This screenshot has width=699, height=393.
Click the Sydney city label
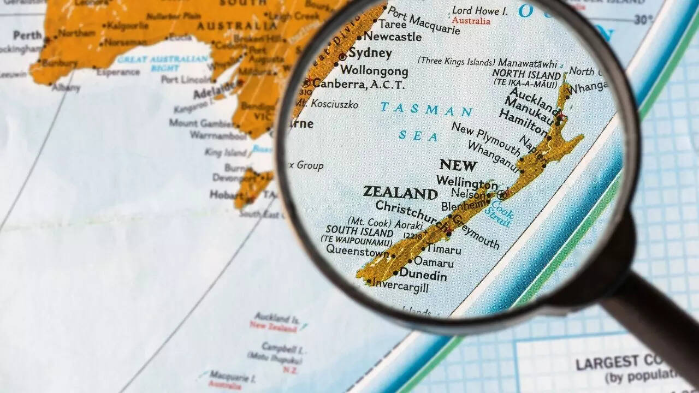(370, 53)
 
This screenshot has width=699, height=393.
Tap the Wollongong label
(374, 71)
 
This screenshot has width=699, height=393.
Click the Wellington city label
(467, 182)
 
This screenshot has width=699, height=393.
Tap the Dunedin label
(423, 275)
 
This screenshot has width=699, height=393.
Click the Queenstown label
(358, 251)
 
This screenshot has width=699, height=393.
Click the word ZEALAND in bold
(400, 193)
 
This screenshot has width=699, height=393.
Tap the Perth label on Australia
(27, 35)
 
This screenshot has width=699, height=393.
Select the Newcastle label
(392, 37)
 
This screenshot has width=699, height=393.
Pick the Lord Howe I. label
(480, 10)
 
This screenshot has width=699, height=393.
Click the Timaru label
(443, 249)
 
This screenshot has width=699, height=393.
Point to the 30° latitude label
(643, 20)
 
